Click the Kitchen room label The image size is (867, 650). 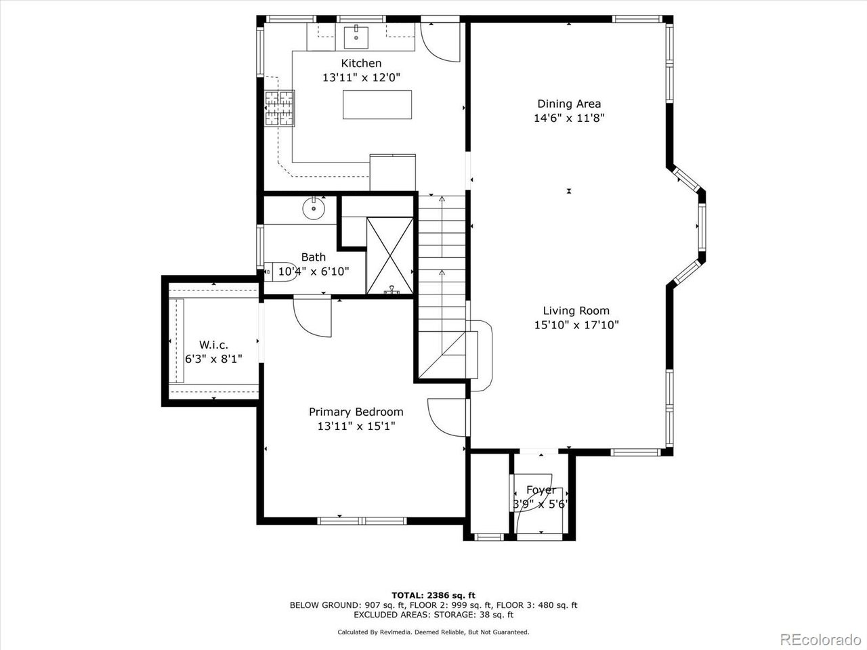pyautogui.click(x=360, y=63)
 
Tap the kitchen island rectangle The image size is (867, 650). pyautogui.click(x=377, y=104)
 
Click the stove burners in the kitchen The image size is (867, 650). pyautogui.click(x=280, y=108)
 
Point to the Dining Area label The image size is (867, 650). pyautogui.click(x=569, y=104)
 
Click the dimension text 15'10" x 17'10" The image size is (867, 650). pyautogui.click(x=576, y=325)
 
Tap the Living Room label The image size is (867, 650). pyautogui.click(x=576, y=311)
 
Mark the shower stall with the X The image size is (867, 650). pyautogui.click(x=389, y=255)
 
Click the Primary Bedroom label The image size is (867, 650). pyautogui.click(x=356, y=412)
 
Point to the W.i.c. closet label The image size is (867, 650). pyautogui.click(x=213, y=344)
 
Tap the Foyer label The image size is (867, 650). pyautogui.click(x=541, y=490)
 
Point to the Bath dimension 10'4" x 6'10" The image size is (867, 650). pyautogui.click(x=314, y=272)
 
